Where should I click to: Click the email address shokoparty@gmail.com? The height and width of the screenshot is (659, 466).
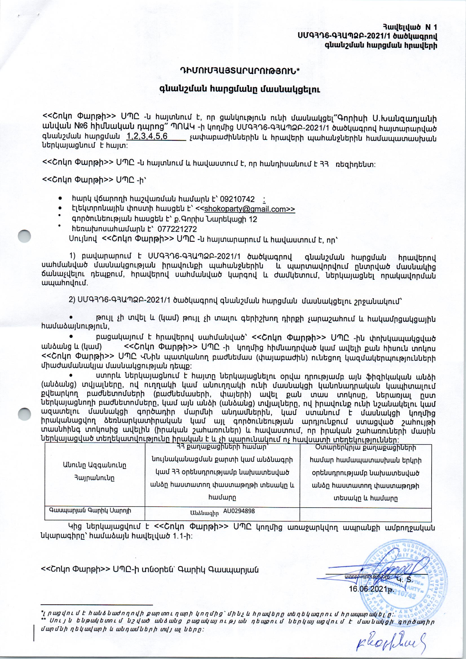pos(245,209)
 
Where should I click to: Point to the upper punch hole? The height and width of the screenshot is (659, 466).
pos(24,237)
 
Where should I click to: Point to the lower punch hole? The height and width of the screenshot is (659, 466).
pos(24,414)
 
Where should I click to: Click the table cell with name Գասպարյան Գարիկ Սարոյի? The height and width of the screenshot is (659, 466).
pos(90,511)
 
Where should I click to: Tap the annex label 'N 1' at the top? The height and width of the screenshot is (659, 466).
pos(431,27)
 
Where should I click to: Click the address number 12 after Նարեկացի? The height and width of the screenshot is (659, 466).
pos(253,219)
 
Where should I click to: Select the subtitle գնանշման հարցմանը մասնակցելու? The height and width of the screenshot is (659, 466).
pos(239,90)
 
